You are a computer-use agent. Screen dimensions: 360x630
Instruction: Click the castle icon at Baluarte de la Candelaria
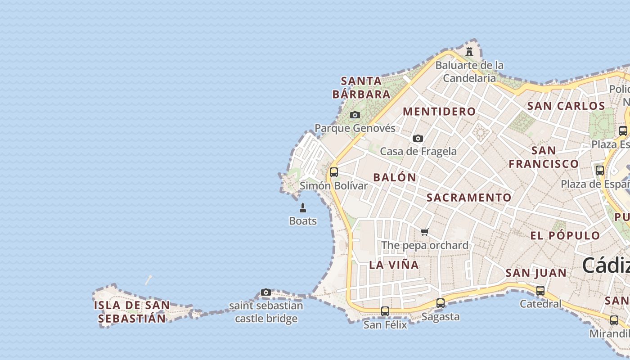point(469,52)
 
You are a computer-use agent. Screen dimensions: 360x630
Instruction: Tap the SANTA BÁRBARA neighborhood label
point(361,88)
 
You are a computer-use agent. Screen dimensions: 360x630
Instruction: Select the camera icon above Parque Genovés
point(355,115)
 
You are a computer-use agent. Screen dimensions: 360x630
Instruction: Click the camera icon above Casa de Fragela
point(418,139)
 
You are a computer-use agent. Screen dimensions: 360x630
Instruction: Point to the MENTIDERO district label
point(439,112)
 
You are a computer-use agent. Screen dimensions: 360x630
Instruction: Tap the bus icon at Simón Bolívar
point(334,172)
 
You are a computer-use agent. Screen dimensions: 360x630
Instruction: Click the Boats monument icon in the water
point(303,208)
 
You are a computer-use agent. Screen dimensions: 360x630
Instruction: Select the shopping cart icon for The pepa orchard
point(425,232)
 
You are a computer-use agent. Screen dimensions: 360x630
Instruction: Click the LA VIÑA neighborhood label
point(394,265)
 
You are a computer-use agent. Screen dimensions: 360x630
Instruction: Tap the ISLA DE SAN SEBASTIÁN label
point(132,312)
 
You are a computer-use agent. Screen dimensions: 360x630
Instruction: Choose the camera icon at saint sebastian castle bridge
point(266,292)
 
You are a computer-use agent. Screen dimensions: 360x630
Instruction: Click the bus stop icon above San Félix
point(385,311)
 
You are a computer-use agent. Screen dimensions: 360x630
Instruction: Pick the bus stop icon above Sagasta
point(441,303)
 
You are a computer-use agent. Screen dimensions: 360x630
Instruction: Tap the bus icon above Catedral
point(540,291)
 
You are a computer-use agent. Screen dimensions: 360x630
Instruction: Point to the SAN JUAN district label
point(536,273)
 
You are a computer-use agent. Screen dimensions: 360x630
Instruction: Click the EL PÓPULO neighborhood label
point(565,236)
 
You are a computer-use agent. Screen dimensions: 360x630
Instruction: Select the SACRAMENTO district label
point(469,198)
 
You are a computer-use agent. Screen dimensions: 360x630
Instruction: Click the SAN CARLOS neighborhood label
point(566,106)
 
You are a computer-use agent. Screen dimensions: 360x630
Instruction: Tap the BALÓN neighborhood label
point(395,177)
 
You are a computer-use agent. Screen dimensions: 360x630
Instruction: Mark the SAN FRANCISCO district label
point(544,157)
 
